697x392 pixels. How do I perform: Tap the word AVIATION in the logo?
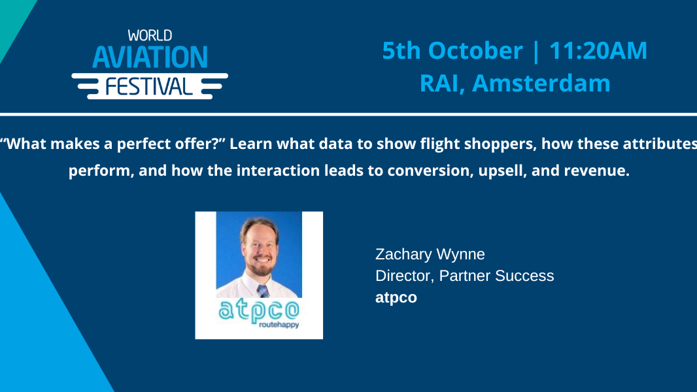click(x=150, y=57)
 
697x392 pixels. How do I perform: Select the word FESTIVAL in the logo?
click(x=150, y=86)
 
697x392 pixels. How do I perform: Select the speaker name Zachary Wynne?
click(x=430, y=254)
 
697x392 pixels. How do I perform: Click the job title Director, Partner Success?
click(x=464, y=276)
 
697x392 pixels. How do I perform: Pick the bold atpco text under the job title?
click(x=396, y=297)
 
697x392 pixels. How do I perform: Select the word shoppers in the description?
click(x=496, y=144)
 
